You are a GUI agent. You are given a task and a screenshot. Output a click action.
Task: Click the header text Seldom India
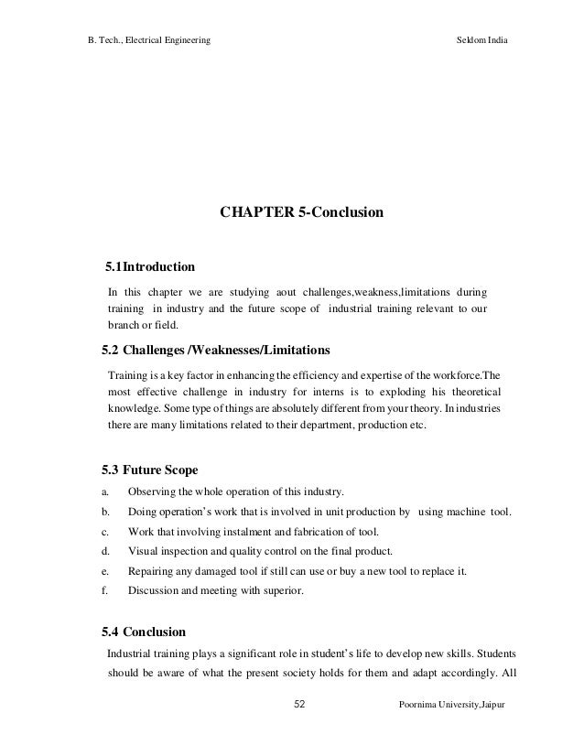(x=481, y=42)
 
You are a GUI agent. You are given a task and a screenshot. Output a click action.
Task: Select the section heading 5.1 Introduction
(x=149, y=268)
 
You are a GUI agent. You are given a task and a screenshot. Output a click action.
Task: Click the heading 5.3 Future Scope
(x=148, y=470)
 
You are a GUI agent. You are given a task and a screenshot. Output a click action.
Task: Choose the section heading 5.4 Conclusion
(x=142, y=632)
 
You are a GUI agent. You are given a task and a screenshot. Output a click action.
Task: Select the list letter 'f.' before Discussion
(x=104, y=590)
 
